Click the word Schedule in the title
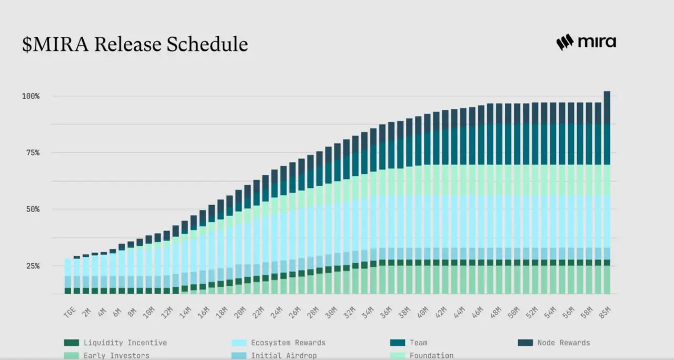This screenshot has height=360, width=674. (x=207, y=44)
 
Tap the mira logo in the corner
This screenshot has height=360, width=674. (x=586, y=42)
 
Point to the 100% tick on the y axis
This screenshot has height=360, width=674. (x=31, y=96)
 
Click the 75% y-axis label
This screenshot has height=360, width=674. (x=31, y=153)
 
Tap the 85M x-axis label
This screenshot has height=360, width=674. (x=605, y=312)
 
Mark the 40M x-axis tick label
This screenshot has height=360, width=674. (x=421, y=312)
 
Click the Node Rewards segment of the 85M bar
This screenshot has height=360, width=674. (x=607, y=107)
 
